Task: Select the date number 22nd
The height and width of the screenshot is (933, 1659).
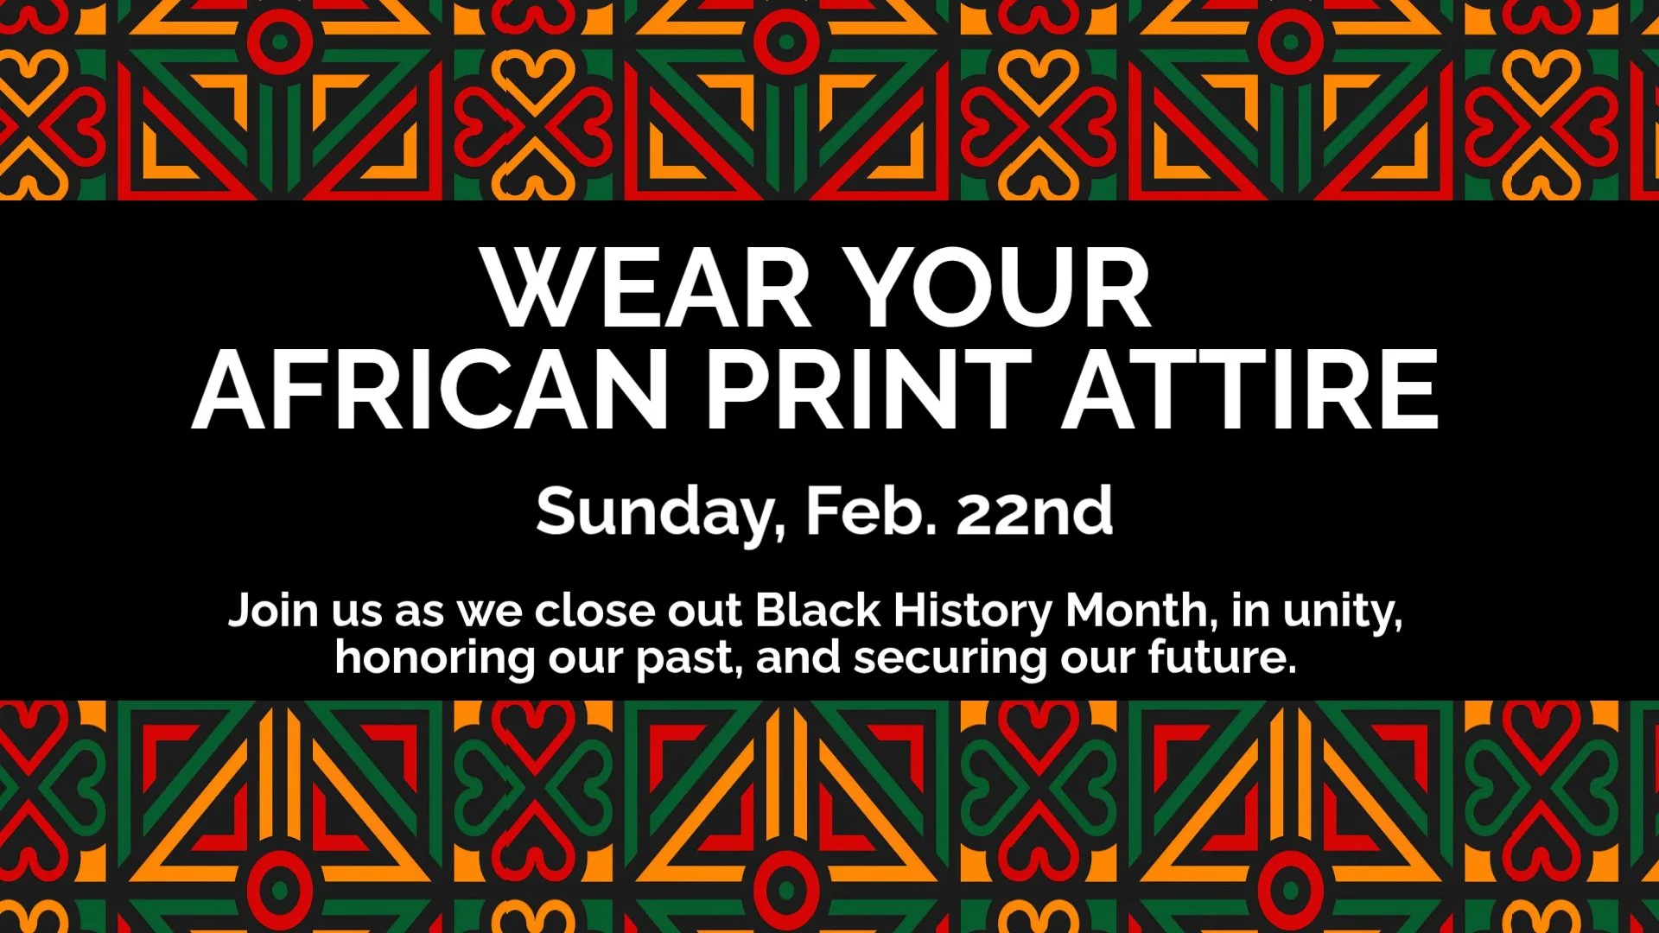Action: [1034, 511]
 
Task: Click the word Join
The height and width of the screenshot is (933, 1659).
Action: [273, 610]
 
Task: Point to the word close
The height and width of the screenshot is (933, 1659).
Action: [594, 610]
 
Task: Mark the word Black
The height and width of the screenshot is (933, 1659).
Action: [817, 610]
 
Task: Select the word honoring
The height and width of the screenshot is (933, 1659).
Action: [435, 658]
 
